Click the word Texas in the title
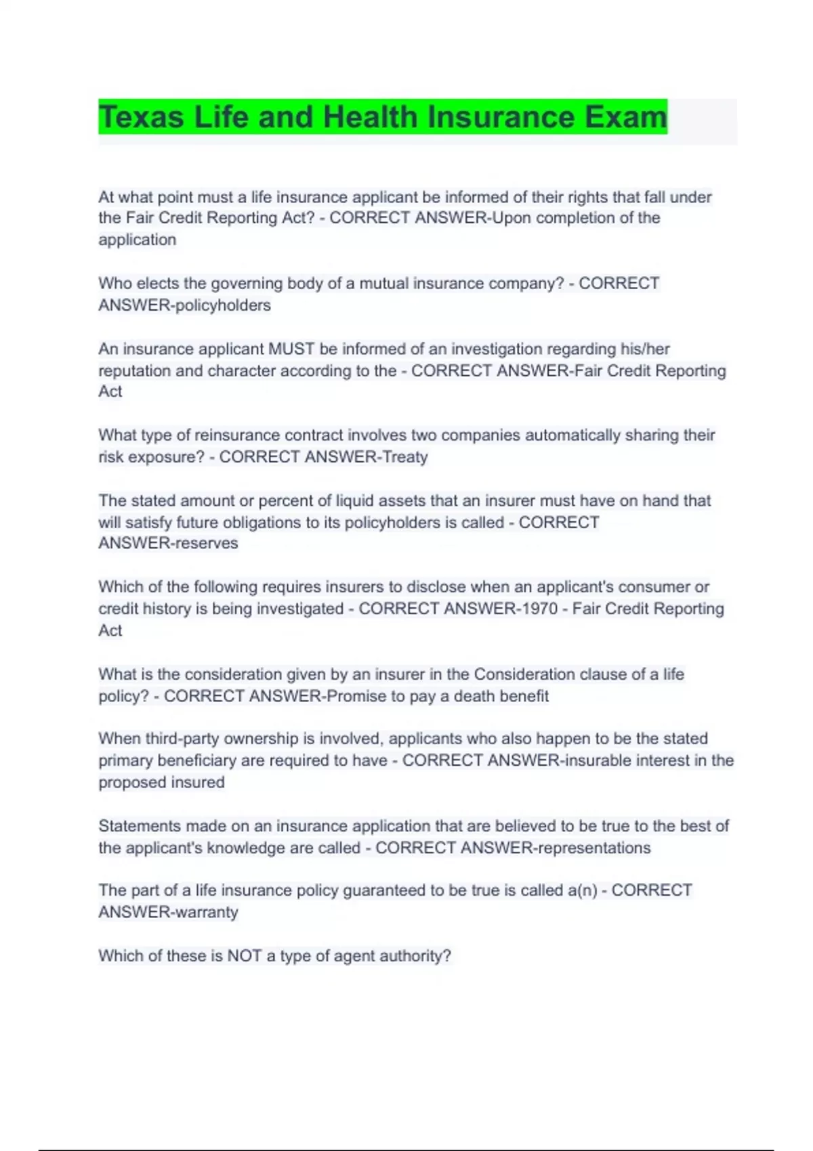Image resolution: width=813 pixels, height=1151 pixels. click(x=141, y=117)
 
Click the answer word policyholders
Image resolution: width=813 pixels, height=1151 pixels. click(x=223, y=305)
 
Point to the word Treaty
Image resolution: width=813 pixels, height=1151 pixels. click(x=405, y=457)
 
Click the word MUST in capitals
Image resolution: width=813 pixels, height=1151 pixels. click(x=291, y=349)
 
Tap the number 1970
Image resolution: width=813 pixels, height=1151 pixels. click(x=539, y=609)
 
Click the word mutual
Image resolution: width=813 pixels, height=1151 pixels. click(x=384, y=284)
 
